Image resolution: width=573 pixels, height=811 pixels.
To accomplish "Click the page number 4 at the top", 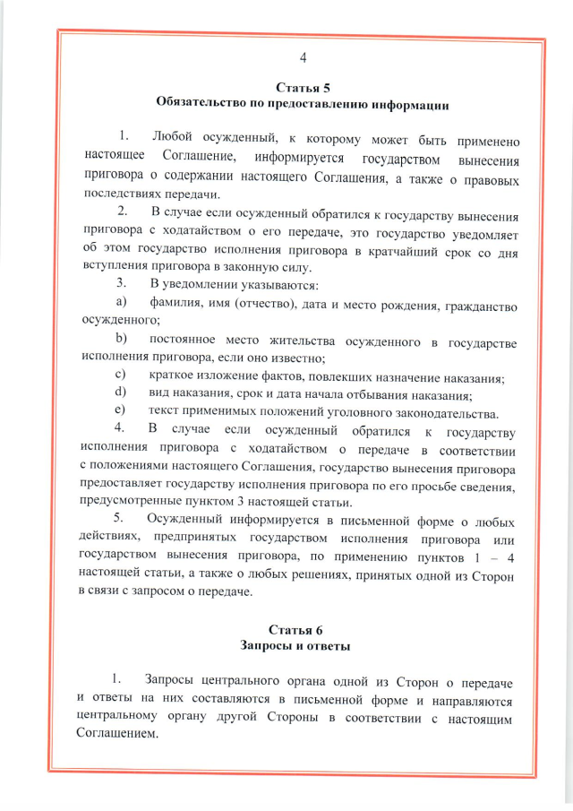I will [x=303, y=58].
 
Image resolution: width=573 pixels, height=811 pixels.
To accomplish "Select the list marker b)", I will [x=120, y=341].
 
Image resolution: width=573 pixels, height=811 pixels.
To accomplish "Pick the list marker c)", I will [x=120, y=374].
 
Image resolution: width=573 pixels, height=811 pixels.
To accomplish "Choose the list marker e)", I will [x=120, y=411].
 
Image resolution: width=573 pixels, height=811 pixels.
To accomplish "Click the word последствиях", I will [x=116, y=194].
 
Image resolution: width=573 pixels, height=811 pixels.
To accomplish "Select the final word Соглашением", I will [x=116, y=733].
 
